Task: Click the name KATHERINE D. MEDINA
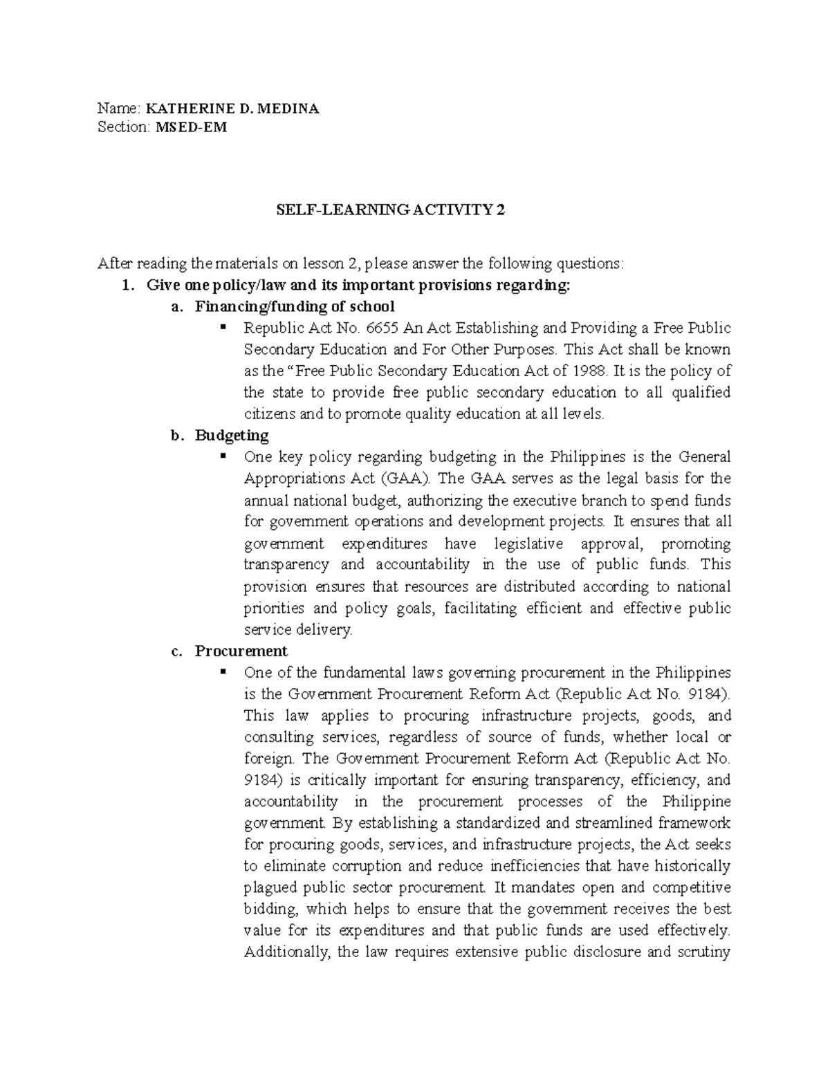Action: [232, 109]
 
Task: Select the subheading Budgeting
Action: [232, 435]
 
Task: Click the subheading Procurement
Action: [241, 651]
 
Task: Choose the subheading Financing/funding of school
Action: [295, 306]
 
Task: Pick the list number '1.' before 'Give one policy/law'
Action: [127, 285]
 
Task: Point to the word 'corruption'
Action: [367, 867]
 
